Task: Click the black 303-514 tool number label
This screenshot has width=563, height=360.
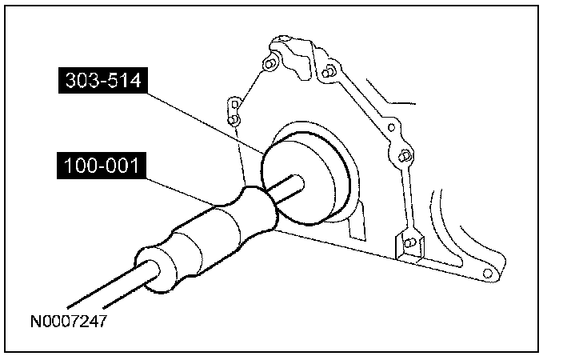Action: click(x=103, y=80)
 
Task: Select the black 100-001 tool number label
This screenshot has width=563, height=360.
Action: click(x=102, y=166)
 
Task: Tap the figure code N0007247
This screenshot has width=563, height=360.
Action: click(x=69, y=321)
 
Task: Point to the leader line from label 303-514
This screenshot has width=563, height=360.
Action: click(x=206, y=123)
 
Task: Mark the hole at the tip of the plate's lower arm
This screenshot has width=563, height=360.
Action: click(x=487, y=274)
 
